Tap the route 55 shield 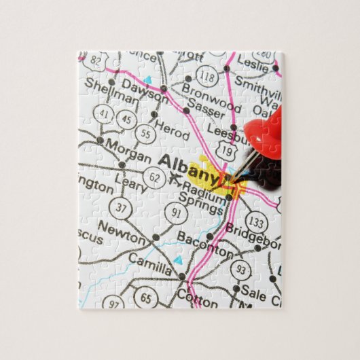[145, 133]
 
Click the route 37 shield [121, 206]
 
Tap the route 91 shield [177, 213]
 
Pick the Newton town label [122, 232]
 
